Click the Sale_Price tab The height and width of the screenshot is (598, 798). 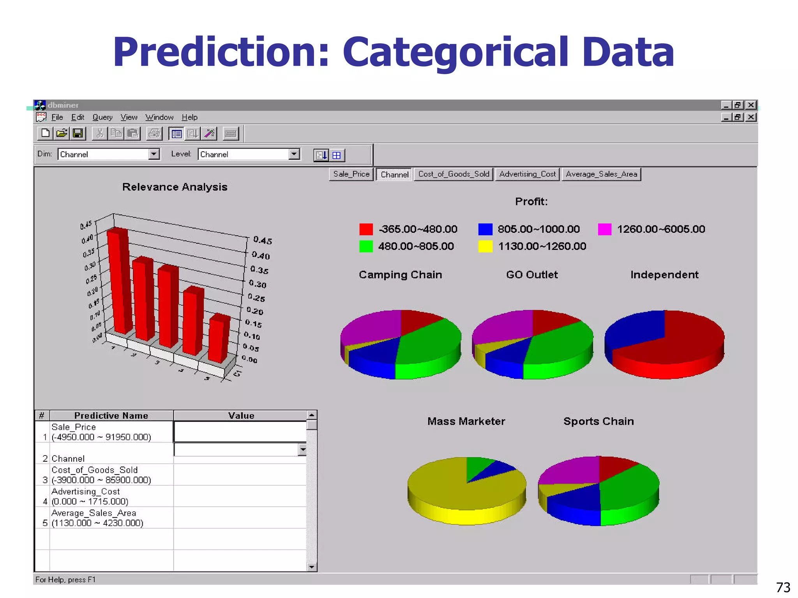click(x=351, y=174)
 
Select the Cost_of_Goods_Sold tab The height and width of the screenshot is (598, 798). click(x=454, y=174)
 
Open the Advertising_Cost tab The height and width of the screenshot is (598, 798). click(x=528, y=174)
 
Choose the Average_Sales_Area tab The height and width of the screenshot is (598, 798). click(x=601, y=174)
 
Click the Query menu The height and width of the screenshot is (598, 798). click(x=102, y=117)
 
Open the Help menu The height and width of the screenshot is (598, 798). click(x=189, y=117)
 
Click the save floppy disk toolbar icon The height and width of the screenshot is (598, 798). click(x=78, y=134)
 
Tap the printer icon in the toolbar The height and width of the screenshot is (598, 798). click(x=154, y=134)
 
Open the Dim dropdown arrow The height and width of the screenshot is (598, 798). click(x=154, y=154)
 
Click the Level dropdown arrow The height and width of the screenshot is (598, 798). click(x=294, y=154)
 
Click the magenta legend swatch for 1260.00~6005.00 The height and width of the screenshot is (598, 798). click(x=604, y=229)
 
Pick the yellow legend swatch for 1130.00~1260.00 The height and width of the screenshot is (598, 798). click(x=485, y=246)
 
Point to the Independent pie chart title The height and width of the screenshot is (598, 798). click(x=664, y=275)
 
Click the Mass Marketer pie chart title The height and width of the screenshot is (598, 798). click(x=466, y=421)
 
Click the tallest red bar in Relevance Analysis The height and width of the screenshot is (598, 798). click(x=119, y=280)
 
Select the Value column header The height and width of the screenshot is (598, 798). click(x=241, y=416)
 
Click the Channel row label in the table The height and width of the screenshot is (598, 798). click(x=68, y=459)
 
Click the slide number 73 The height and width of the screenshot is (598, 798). click(x=783, y=587)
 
